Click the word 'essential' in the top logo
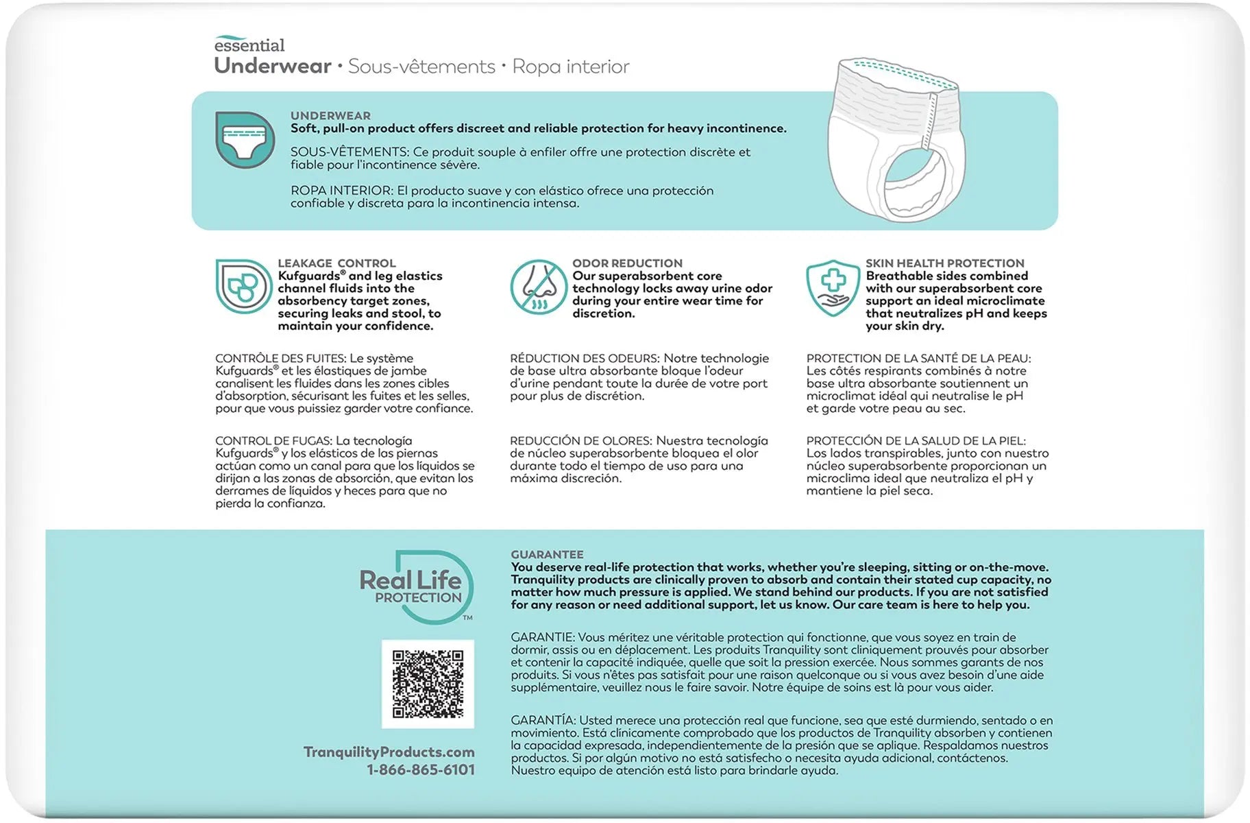pos(249,45)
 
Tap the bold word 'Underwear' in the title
pos(273,66)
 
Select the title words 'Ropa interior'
pos(570,67)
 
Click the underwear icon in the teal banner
pos(245,139)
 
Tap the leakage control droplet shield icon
pos(243,286)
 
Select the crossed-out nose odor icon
pos(538,287)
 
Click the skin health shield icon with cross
pos(832,287)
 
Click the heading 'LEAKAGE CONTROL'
pos(336,263)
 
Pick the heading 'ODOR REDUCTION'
pos(627,263)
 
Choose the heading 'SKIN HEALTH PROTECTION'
pos(944,263)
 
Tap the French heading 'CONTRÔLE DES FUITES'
pos(280,358)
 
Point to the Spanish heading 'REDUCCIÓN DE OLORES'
pos(581,440)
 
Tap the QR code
pos(428,684)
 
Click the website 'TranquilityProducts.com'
pos(389,752)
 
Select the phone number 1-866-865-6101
pos(421,770)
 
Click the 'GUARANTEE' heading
pos(547,554)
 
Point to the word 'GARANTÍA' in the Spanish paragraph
pos(542,720)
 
